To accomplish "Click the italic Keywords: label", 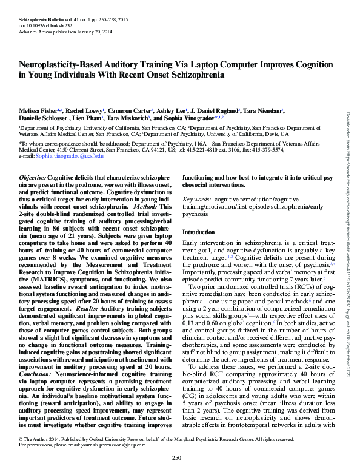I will (196, 198).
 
